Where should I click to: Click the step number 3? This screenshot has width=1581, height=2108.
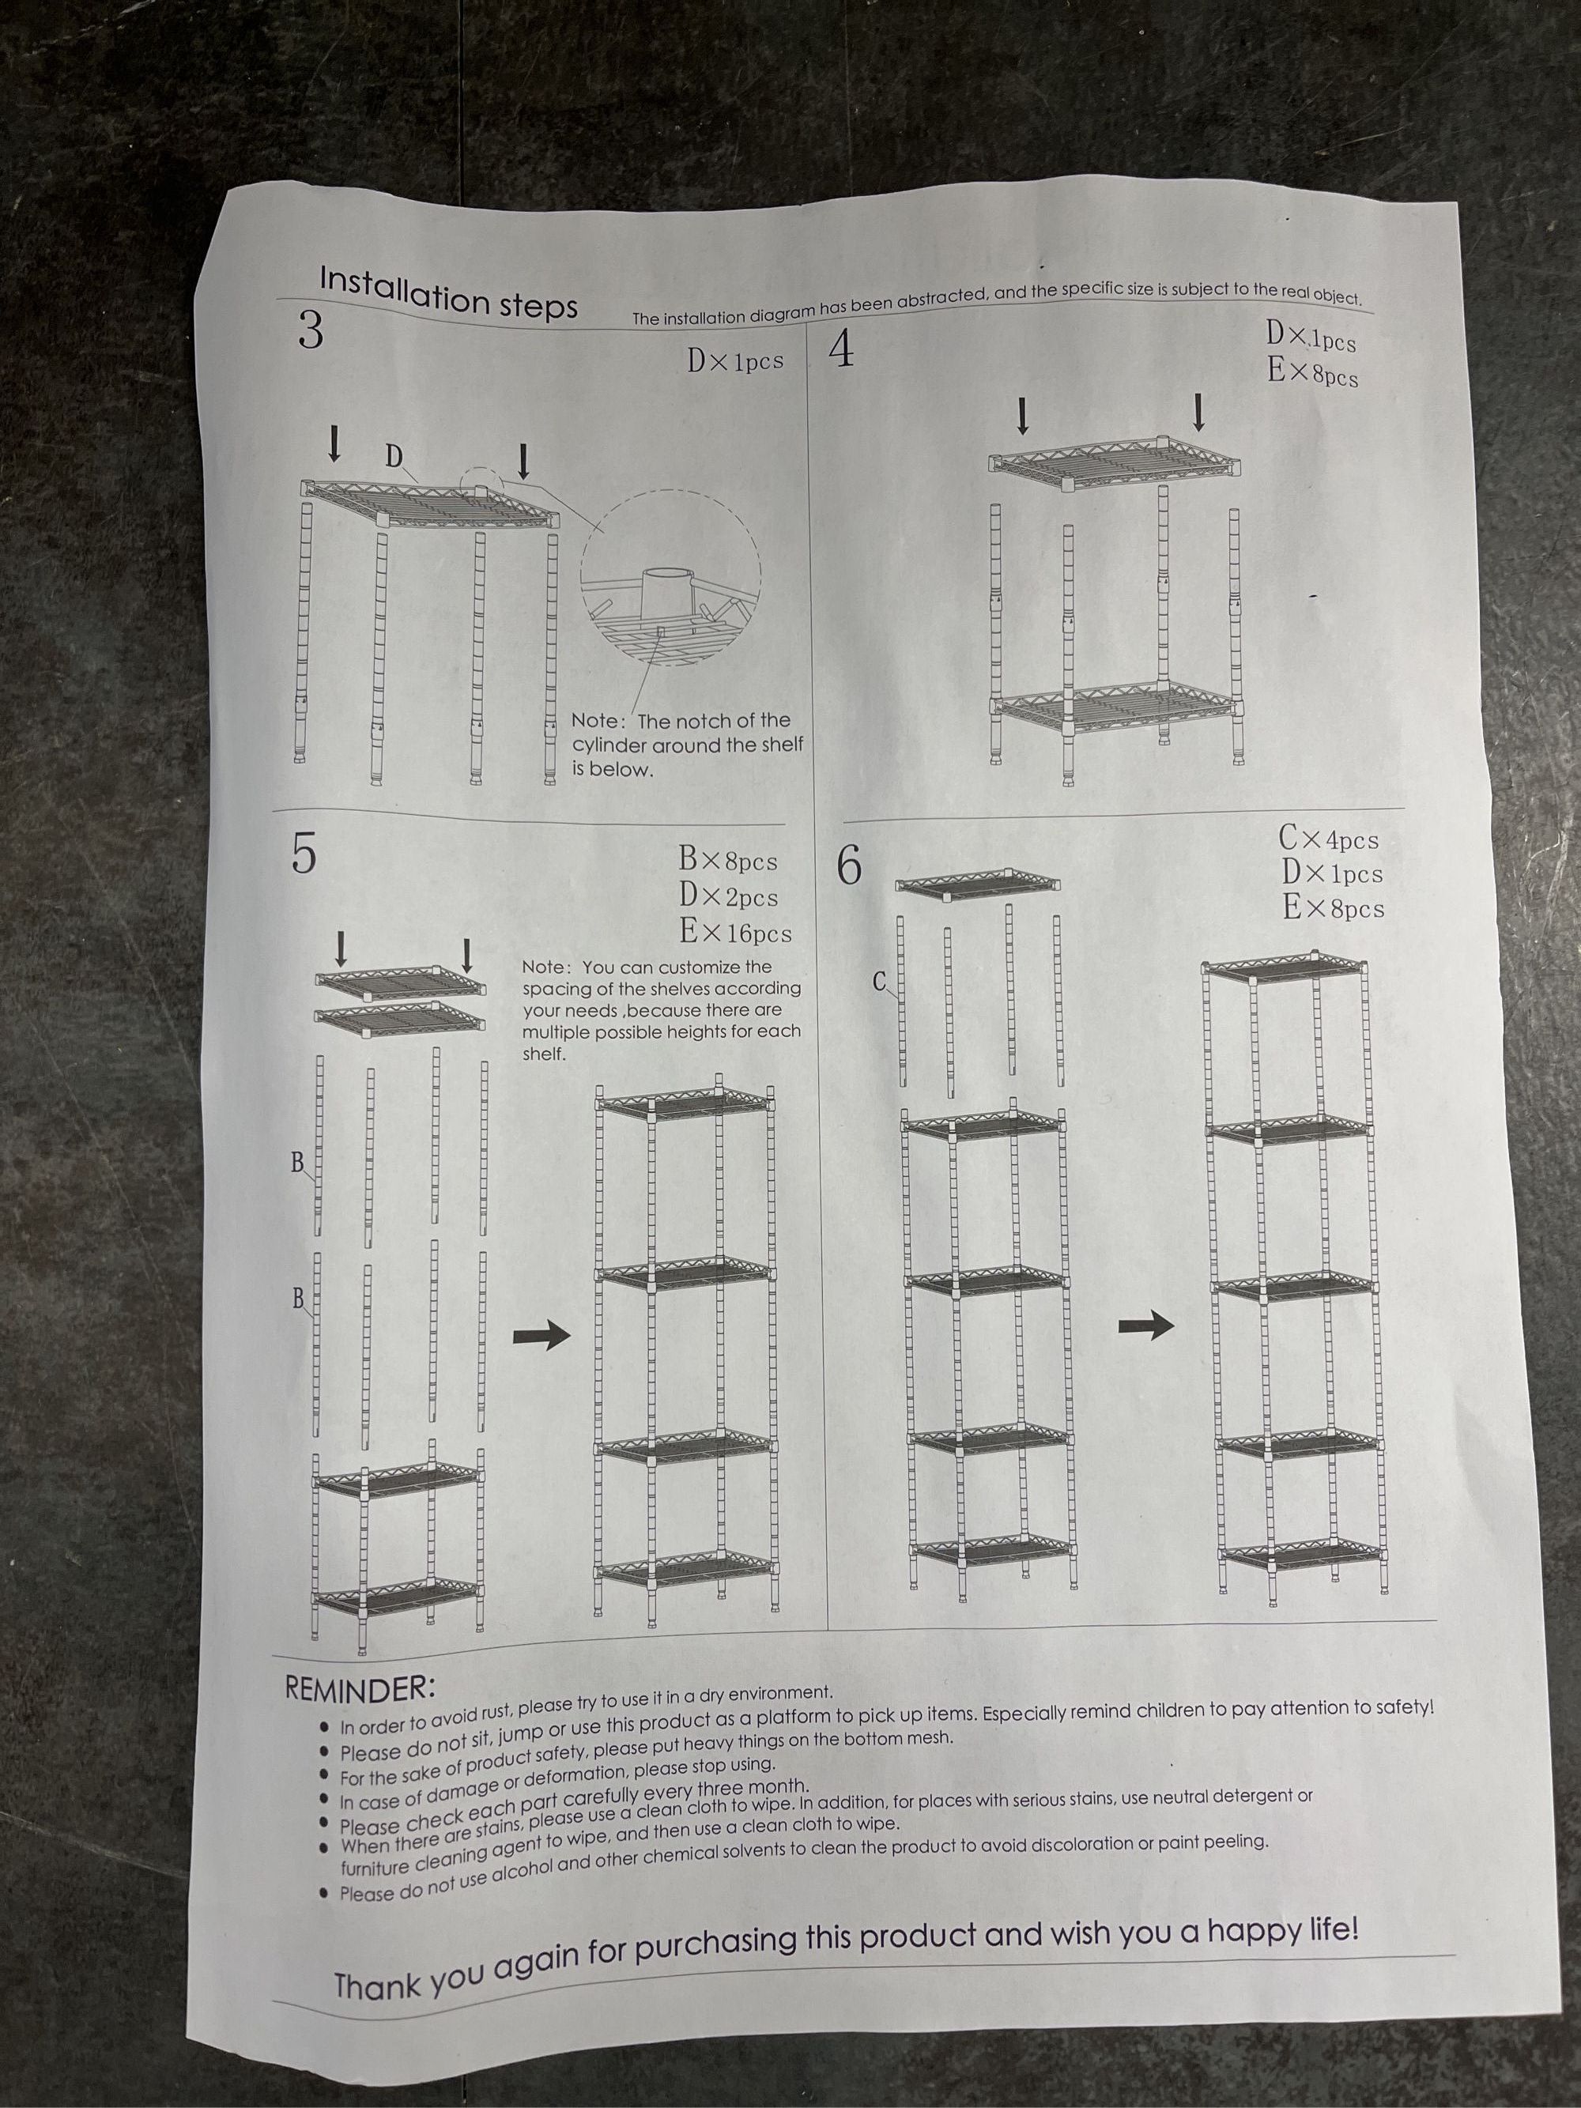pos(311,330)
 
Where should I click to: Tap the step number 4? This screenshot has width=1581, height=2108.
pos(841,352)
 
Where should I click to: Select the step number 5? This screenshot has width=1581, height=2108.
pos(302,853)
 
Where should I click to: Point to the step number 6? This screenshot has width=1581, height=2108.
pos(848,866)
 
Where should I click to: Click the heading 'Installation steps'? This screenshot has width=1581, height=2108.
pos(448,292)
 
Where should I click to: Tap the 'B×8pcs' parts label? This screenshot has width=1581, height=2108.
pos(728,860)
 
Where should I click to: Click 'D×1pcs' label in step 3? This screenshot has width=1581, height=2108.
pos(736,361)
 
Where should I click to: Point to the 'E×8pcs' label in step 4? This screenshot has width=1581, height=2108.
pos(1312,371)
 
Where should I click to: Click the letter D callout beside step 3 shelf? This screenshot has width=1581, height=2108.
pos(394,458)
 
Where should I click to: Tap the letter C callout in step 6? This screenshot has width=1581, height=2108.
pos(880,981)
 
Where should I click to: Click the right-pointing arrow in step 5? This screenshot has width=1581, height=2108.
pos(541,1336)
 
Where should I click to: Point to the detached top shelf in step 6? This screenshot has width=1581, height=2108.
pos(978,884)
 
